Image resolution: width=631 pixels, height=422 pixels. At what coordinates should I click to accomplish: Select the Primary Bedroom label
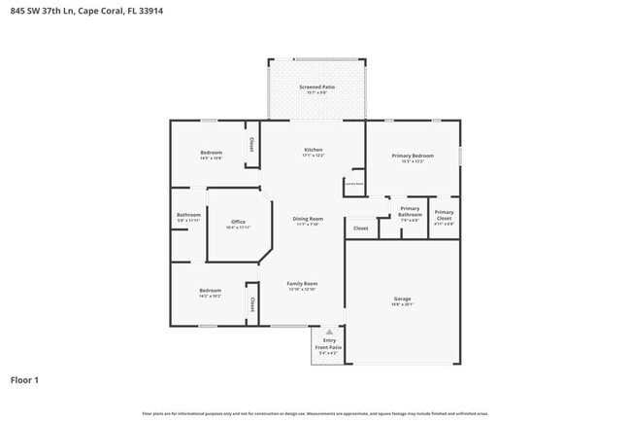point(413,158)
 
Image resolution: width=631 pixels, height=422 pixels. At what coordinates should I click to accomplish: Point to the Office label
point(237,224)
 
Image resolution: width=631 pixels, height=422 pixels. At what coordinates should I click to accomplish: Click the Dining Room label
point(308,221)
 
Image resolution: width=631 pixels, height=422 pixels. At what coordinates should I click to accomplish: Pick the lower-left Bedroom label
point(210,292)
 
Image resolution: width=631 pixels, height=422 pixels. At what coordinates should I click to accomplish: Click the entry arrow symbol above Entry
point(329,332)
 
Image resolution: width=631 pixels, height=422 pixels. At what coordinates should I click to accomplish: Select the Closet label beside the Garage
point(360,229)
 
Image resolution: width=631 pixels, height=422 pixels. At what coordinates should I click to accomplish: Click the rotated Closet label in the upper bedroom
point(251,144)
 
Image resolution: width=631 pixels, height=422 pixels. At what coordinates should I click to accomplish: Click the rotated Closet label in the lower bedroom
point(251,304)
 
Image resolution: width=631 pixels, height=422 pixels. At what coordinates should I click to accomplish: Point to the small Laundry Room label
point(353,183)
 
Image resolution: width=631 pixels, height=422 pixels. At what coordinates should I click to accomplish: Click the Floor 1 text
point(24,379)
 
